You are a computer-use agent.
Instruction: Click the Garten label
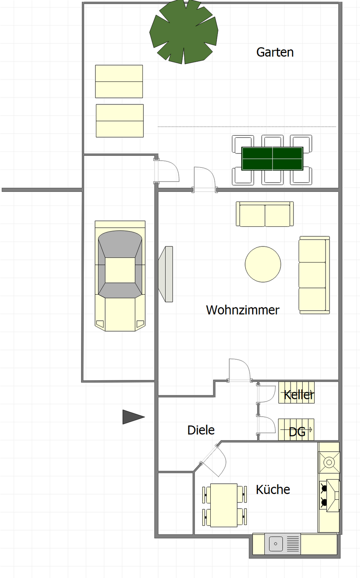click(275, 52)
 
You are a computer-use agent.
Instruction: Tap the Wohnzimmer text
click(242, 310)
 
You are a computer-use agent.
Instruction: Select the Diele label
click(201, 430)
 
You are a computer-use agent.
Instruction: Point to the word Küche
click(273, 489)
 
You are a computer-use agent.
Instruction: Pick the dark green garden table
click(272, 159)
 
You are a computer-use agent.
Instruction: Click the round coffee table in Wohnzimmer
click(263, 264)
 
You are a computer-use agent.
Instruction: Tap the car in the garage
click(120, 276)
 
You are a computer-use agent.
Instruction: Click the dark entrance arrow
click(133, 417)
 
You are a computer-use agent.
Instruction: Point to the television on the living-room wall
click(165, 274)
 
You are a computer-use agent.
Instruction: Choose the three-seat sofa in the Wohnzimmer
click(314, 275)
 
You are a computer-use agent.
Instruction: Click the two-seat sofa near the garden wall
click(265, 214)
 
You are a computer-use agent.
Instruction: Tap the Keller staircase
click(296, 392)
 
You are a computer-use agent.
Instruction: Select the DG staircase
click(296, 429)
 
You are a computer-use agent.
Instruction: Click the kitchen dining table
click(224, 505)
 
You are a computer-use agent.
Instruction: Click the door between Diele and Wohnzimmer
click(240, 370)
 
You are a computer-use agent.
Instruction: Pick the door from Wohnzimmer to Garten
click(205, 179)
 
